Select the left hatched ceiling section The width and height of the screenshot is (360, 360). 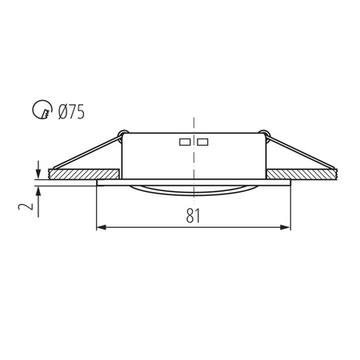click(x=84, y=173)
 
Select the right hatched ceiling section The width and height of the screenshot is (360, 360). click(x=304, y=173)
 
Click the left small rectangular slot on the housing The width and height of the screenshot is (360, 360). click(x=185, y=142)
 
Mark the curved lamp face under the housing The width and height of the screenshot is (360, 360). click(x=194, y=190)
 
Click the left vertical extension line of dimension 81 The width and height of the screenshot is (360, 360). click(x=97, y=208)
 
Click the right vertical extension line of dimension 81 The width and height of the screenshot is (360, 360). click(x=290, y=208)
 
